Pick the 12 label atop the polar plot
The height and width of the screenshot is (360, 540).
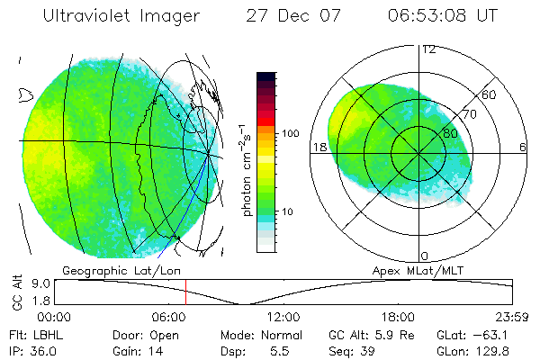click(428, 49)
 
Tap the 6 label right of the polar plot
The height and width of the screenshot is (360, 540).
click(523, 148)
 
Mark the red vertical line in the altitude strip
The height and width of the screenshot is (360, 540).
click(185, 292)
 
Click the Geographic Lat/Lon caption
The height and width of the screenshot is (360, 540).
click(110, 269)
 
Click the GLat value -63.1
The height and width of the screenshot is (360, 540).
click(496, 335)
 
